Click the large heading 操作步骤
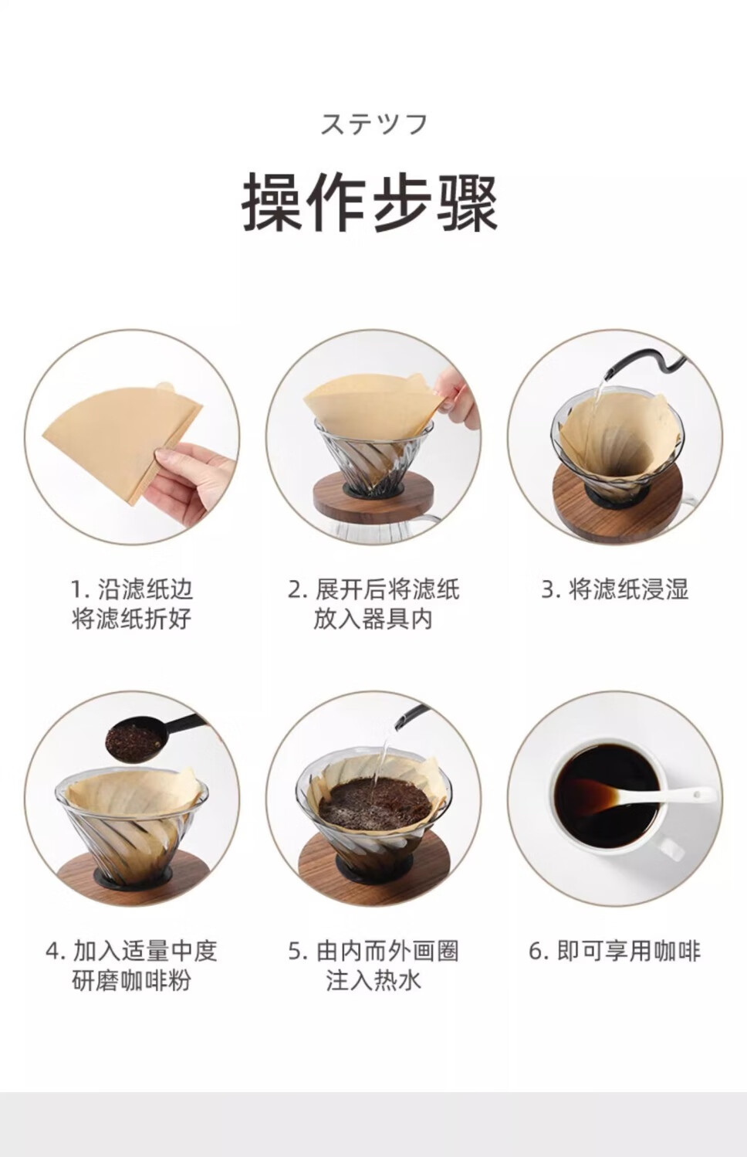[370, 202]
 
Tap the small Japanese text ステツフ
[374, 124]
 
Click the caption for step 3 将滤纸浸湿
[615, 589]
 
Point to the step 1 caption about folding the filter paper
[132, 604]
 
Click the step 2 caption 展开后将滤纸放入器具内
[373, 604]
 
